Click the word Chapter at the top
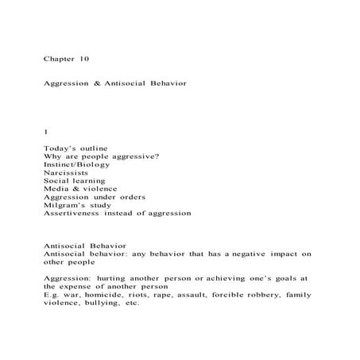click(59, 58)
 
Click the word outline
click(91, 148)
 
